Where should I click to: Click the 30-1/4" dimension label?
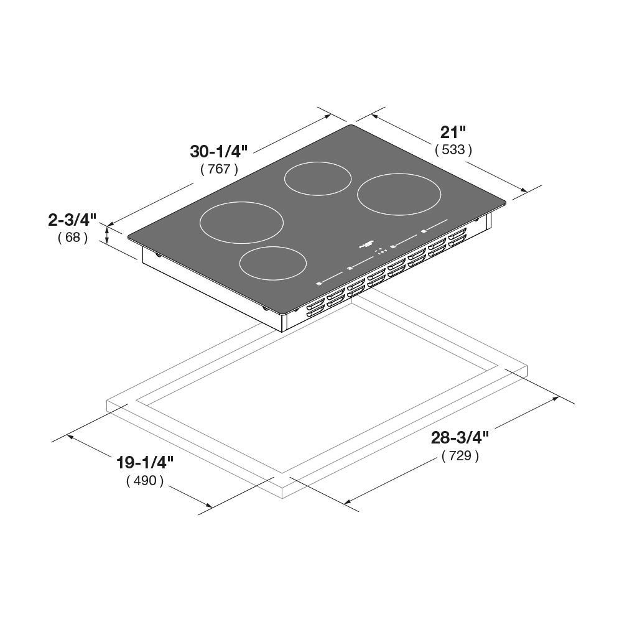point(219,151)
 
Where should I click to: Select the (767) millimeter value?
point(219,169)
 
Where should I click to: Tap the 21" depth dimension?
point(453,132)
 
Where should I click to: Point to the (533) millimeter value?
point(453,149)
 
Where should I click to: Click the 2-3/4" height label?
point(72,220)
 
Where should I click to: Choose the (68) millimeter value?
point(72,237)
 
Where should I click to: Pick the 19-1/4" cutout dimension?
point(144,463)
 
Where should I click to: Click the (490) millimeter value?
point(144,480)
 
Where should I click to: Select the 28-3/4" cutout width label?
point(460,438)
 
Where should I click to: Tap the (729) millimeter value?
point(460,456)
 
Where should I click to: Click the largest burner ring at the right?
point(399,195)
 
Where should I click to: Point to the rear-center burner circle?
point(318,178)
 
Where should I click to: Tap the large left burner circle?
point(241,222)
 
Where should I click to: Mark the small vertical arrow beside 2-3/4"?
point(108,235)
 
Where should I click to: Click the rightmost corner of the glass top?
point(506,202)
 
